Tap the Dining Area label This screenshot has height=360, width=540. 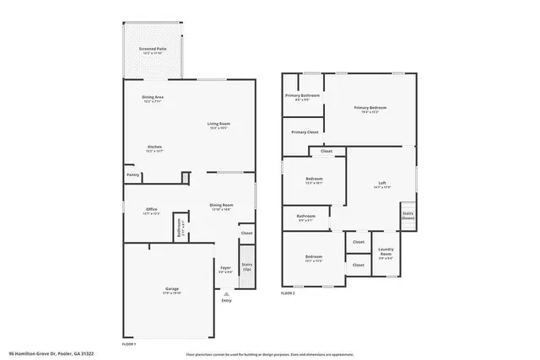coord(153,99)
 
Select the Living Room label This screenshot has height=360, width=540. coord(219,126)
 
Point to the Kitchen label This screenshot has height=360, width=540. coord(154,148)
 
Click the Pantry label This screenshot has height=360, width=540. coord(132,175)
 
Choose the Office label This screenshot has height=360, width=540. coord(152,211)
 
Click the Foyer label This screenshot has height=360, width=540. coord(225,269)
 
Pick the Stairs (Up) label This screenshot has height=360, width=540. coord(247,266)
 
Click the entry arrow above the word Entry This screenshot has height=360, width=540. coord(225,293)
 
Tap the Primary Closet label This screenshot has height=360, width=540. coord(305,132)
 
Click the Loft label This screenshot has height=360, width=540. coord(382,185)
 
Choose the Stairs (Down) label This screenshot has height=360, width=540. coord(408,216)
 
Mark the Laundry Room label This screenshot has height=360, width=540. coord(386,251)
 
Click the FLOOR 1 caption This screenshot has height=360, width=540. coord(129,345)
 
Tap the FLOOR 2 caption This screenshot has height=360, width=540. coord(289,293)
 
